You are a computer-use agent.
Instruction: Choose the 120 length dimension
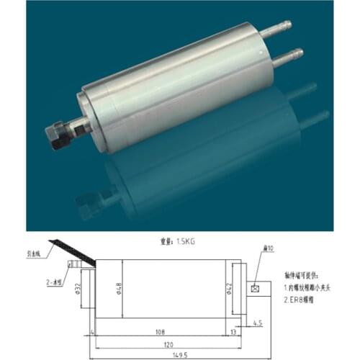(x=168, y=341)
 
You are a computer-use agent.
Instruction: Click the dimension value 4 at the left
(x=93, y=331)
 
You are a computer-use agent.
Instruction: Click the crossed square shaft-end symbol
(x=254, y=289)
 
